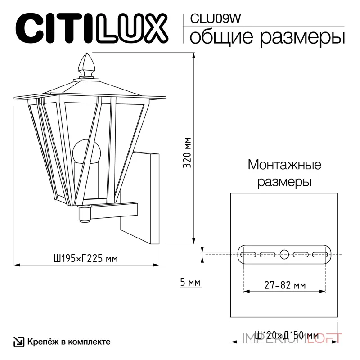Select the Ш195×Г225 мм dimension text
[x=85, y=258]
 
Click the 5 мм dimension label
[x=189, y=283]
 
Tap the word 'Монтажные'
[x=284, y=165]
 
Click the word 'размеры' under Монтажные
[x=284, y=182]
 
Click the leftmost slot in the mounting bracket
[x=248, y=254]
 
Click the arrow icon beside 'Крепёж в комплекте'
[x=18, y=342]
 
